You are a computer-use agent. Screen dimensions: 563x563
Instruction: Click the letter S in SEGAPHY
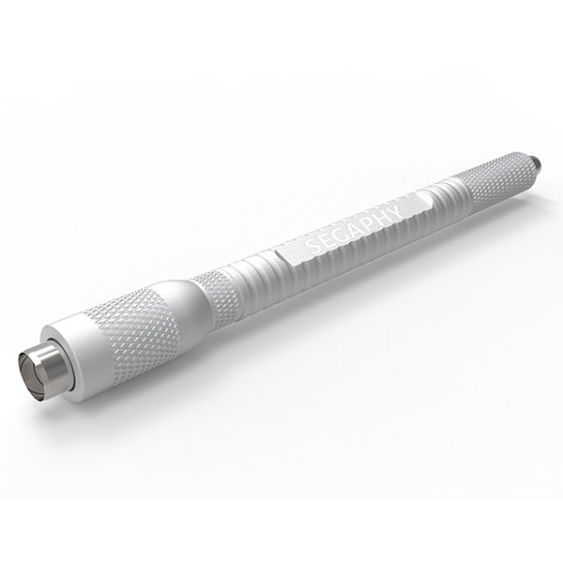[x=312, y=245]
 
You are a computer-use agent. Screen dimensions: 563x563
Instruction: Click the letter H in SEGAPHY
[x=379, y=213]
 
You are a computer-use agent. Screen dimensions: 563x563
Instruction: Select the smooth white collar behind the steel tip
[x=80, y=347]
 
